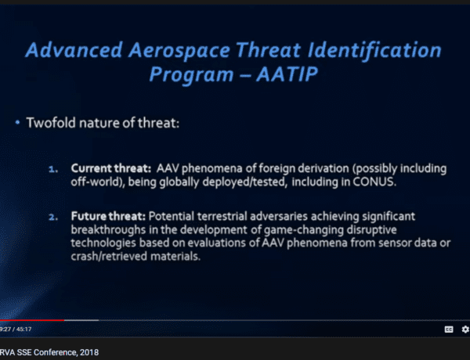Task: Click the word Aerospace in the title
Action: click(x=179, y=50)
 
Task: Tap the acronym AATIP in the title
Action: click(x=287, y=74)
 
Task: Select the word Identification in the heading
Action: click(x=374, y=50)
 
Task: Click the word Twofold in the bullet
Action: click(x=51, y=123)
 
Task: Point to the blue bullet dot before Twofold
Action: click(x=17, y=122)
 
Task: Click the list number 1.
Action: click(x=53, y=170)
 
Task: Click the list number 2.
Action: click(x=53, y=217)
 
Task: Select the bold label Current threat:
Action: click(x=111, y=168)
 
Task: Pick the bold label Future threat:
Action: click(x=108, y=216)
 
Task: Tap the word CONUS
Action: click(x=374, y=182)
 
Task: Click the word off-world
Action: click(x=96, y=182)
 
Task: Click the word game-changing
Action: click(x=304, y=230)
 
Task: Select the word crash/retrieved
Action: click(x=109, y=257)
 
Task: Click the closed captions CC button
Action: click(x=449, y=329)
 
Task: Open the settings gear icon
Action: click(x=465, y=329)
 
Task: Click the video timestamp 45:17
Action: click(x=24, y=329)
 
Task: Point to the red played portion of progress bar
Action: click(x=32, y=320)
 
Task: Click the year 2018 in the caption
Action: click(x=89, y=352)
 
